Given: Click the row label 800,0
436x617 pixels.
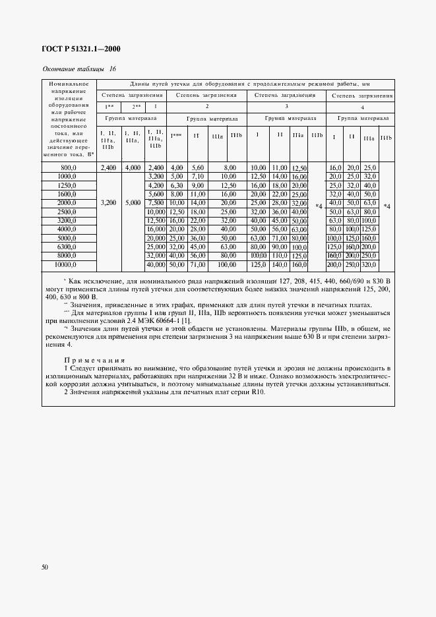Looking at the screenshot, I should pyautogui.click(x=67, y=168).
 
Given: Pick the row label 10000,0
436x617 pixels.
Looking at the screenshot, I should pyautogui.click(x=67, y=264).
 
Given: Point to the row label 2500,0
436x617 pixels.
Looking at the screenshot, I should pyautogui.click(x=67, y=212).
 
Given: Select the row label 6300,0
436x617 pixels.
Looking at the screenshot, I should pyautogui.click(x=67, y=246).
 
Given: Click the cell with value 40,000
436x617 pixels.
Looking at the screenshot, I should pyautogui.click(x=156, y=264).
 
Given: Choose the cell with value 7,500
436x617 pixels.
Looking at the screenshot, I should pyautogui.click(x=156, y=204).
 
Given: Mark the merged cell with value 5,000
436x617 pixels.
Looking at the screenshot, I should pyautogui.click(x=132, y=204).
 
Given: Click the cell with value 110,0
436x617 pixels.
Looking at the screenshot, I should pyautogui.click(x=280, y=255).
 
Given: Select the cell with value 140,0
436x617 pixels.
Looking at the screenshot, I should pyautogui.click(x=280, y=264).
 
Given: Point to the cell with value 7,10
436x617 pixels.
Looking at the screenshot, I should pyautogui.click(x=197, y=177).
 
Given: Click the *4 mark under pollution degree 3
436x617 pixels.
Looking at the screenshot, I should pyautogui.click(x=319, y=206).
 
